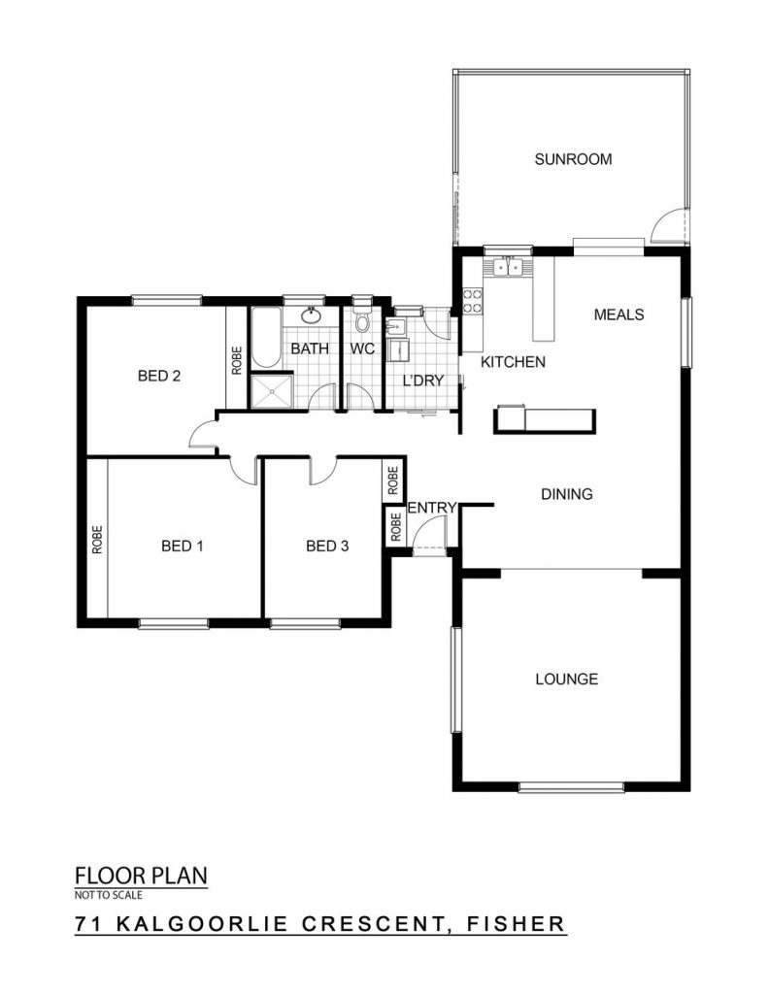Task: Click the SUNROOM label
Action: point(573,159)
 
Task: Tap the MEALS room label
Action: point(619,315)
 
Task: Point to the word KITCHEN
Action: point(513,362)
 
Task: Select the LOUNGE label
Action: point(567,679)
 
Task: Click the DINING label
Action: point(567,494)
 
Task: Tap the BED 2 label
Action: point(159,376)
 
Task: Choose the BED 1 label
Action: point(183,546)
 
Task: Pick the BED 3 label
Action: point(327,546)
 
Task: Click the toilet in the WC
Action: point(362,318)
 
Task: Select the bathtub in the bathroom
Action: point(266,337)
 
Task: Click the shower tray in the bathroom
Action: point(272,392)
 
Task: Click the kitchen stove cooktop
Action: point(472,301)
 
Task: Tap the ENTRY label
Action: point(432,508)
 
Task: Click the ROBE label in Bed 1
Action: point(97,540)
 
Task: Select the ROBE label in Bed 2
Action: point(237,360)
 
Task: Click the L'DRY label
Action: point(423,381)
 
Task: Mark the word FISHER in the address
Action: point(516,923)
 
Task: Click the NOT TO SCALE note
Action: point(109,895)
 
